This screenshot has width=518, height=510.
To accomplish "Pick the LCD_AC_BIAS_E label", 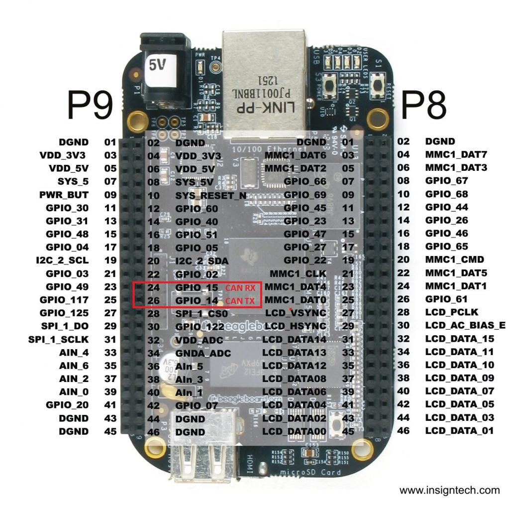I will tap(465, 325).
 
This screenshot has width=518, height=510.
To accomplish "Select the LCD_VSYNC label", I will tap(297, 313).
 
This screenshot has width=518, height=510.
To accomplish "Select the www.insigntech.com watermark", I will tap(450, 490).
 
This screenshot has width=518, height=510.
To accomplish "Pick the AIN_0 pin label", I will tap(74, 391).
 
